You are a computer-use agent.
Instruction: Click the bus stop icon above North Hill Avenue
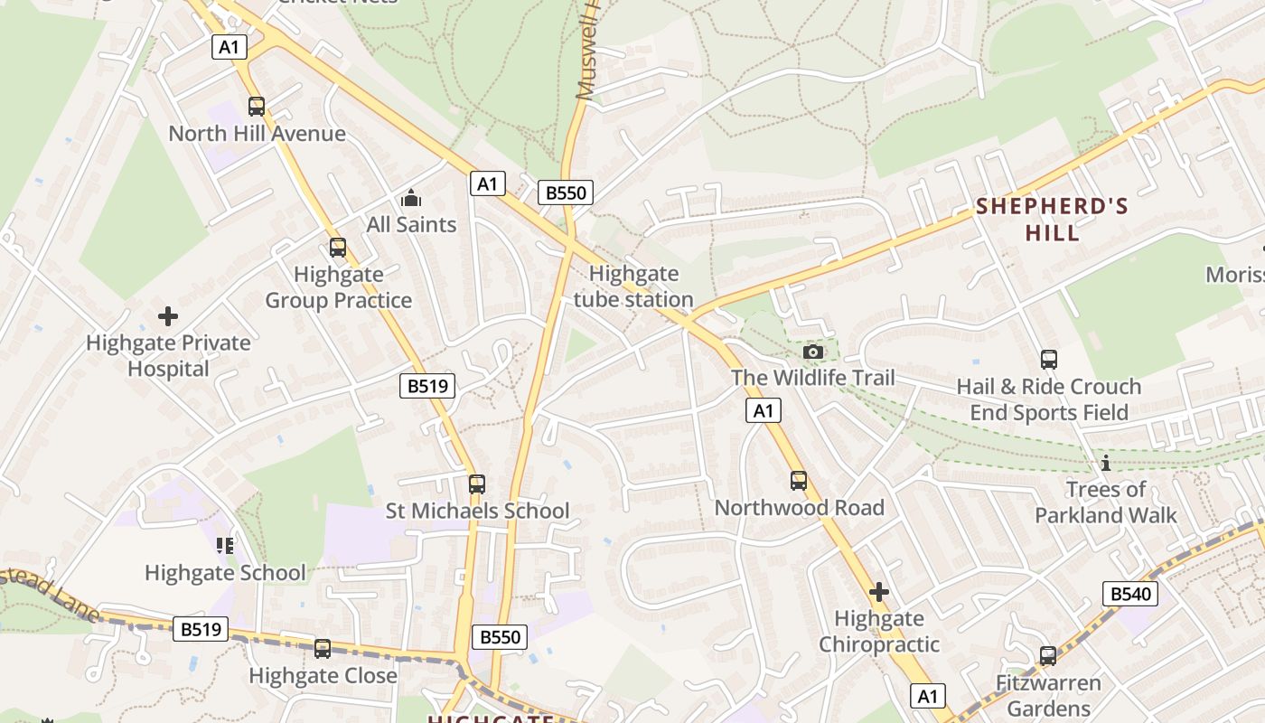coord(257,107)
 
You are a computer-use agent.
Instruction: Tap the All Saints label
coord(411,224)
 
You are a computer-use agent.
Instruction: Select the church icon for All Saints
coord(411,198)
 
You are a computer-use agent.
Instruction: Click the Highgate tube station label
coord(633,286)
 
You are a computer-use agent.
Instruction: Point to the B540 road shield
coord(1130,594)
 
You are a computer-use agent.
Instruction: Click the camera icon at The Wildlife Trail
coord(813,352)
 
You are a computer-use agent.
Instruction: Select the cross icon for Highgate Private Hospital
coord(168,316)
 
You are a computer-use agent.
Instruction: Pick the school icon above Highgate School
coord(225,545)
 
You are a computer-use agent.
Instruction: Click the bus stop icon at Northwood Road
coord(799,481)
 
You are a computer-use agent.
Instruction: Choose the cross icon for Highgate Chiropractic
coord(878,592)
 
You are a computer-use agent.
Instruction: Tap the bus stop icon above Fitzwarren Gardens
coord(1048,656)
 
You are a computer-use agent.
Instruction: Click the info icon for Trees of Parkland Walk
coord(1105,464)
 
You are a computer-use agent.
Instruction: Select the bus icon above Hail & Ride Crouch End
coord(1049,360)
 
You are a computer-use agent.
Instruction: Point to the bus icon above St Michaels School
coord(477,484)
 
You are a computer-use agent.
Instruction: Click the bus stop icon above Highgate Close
coord(323,649)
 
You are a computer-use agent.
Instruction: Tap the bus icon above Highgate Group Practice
coord(338,248)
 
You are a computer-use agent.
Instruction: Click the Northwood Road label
coord(799,508)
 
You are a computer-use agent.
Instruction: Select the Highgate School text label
coord(225,573)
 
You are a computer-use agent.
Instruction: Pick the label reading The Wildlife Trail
coord(813,378)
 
